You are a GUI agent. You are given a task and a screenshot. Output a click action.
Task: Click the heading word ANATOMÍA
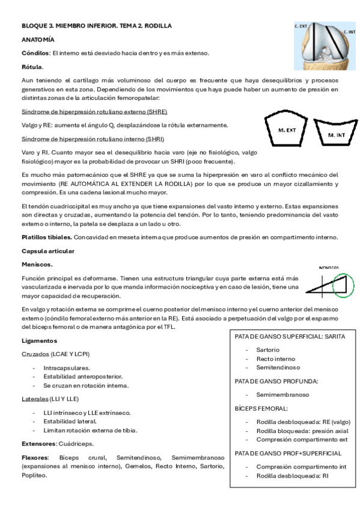(x=38, y=40)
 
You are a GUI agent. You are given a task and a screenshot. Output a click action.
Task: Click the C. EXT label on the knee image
(x=301, y=26)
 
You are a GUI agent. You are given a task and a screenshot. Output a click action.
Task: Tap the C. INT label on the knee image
(x=350, y=31)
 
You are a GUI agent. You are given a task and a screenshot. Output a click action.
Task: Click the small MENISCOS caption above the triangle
(x=329, y=268)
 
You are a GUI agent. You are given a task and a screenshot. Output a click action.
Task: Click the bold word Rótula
(x=32, y=67)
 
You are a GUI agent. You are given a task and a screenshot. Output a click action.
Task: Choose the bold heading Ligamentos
(x=40, y=341)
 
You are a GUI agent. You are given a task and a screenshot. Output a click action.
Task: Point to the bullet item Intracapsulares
(x=67, y=367)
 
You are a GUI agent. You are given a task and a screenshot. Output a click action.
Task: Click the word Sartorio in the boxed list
(x=268, y=349)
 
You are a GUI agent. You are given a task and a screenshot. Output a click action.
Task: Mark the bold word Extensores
(x=38, y=444)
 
